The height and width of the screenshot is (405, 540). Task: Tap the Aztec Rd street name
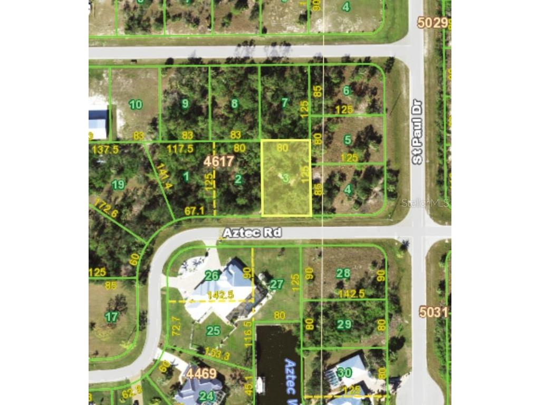(x=252, y=233)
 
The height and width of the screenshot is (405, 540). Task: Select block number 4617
(x=219, y=161)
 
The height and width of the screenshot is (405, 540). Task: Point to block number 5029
(x=432, y=23)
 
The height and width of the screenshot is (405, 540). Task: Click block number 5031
(x=433, y=312)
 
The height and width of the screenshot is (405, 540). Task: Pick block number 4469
(x=200, y=373)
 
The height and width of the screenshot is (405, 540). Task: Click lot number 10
(x=136, y=104)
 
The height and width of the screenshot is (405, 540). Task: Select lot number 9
(x=185, y=104)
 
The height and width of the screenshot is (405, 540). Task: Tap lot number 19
(x=118, y=184)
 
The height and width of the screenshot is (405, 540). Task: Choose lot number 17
(x=111, y=317)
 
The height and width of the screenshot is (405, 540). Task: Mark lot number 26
(x=212, y=276)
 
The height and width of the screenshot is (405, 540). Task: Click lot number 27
(x=276, y=285)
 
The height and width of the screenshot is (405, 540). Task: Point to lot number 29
(x=344, y=324)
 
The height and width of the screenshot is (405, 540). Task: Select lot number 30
(x=345, y=372)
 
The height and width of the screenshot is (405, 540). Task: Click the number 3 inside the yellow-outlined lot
(x=285, y=178)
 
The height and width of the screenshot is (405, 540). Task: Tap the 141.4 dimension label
(x=164, y=176)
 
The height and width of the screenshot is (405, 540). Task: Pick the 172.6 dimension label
(x=106, y=209)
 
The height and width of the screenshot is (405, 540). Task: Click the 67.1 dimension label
(x=194, y=211)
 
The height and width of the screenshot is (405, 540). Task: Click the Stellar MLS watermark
(x=425, y=203)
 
